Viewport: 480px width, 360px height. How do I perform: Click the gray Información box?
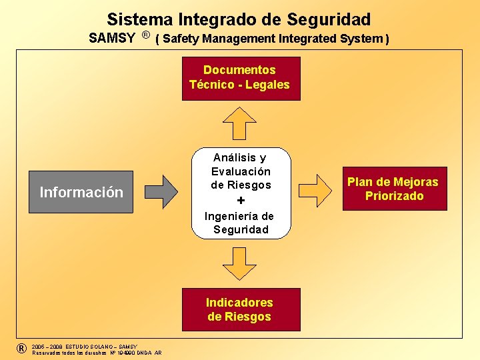point(81,193)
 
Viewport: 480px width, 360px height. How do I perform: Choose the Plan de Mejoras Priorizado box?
point(393,189)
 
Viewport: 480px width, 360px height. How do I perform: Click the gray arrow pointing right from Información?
point(161,191)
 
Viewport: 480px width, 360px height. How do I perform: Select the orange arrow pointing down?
point(240,262)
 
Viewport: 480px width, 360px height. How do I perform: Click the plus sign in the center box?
point(241,201)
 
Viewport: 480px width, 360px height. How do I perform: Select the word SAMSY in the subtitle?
point(112,38)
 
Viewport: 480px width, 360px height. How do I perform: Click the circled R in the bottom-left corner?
point(22,349)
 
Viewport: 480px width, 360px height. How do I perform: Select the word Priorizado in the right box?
point(394,196)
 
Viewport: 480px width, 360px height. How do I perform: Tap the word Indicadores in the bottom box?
point(239,302)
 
